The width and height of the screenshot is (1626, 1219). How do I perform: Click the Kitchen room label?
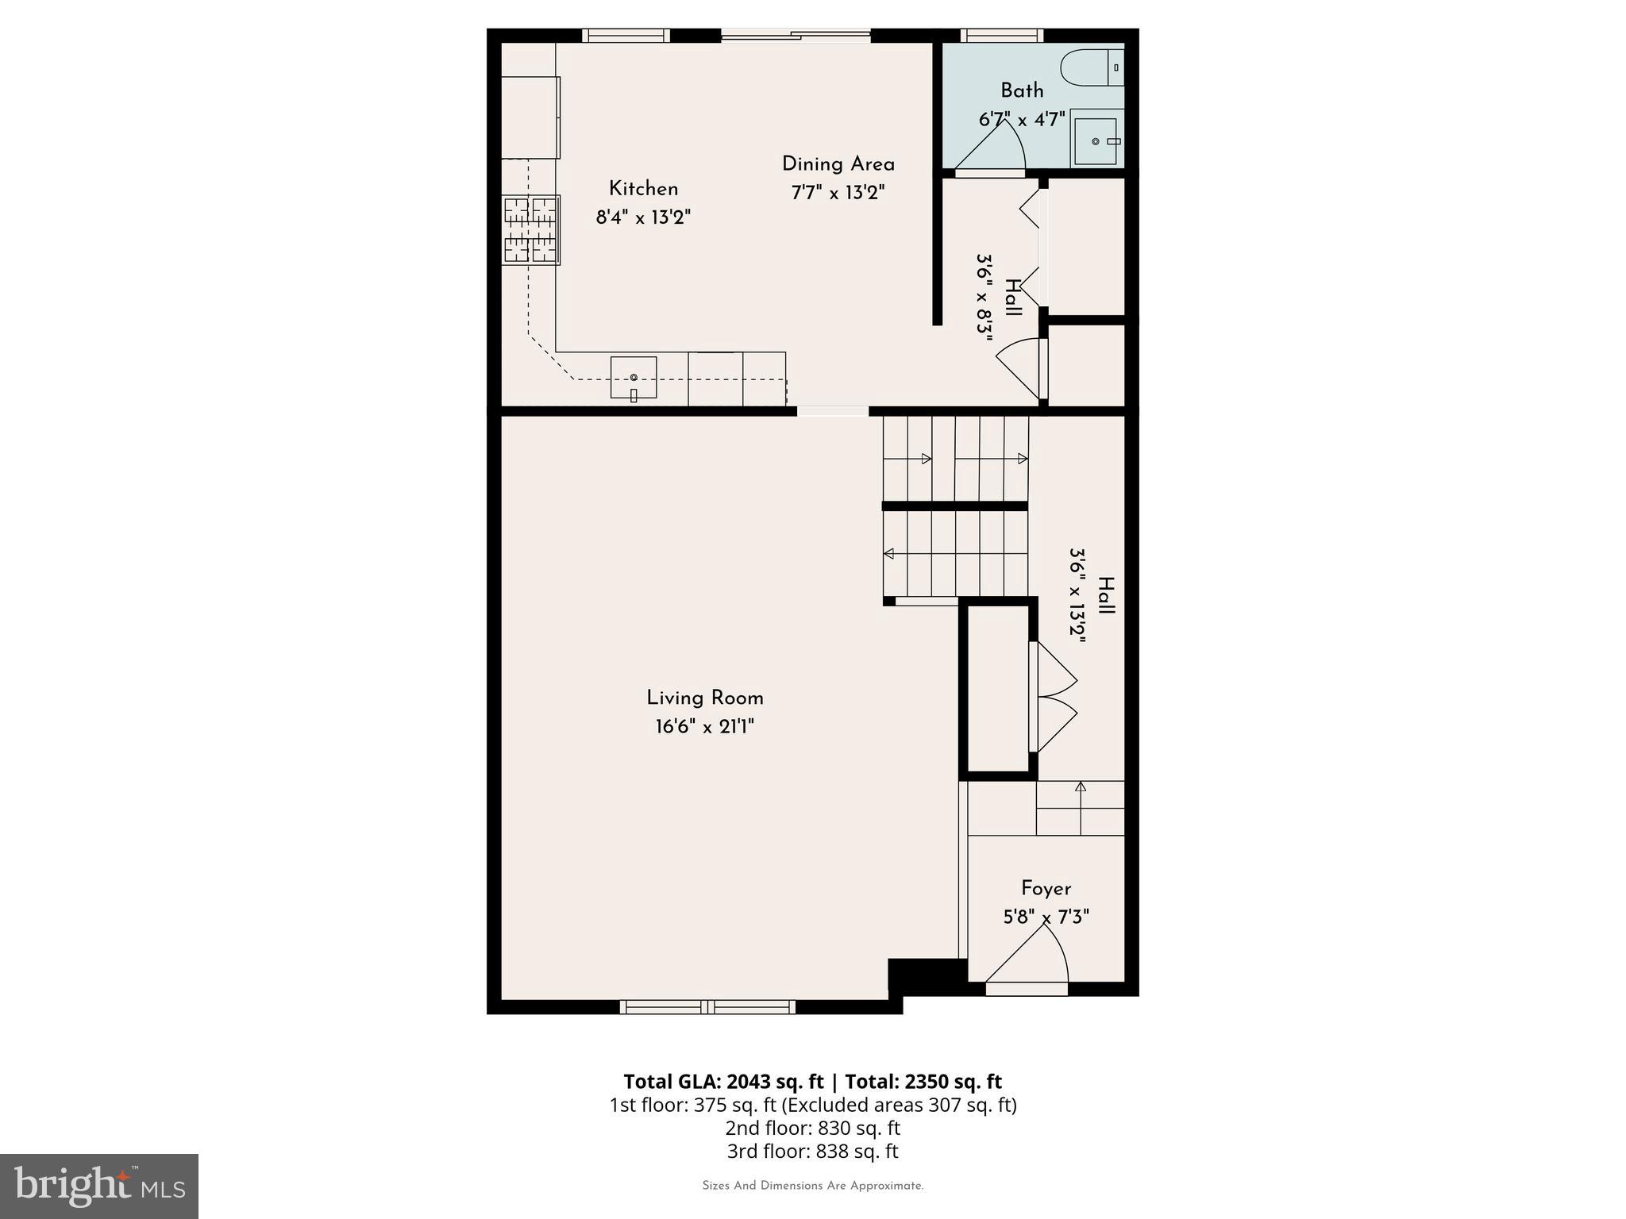(643, 189)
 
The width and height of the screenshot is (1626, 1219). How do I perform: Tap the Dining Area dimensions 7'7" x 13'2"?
(838, 193)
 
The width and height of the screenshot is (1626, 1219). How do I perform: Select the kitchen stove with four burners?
(531, 230)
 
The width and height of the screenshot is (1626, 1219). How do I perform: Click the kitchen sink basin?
(633, 377)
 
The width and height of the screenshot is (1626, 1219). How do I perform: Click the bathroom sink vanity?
(1096, 140)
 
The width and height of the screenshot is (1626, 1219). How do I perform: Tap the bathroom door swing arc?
(1002, 148)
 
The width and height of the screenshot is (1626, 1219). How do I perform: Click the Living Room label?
(704, 698)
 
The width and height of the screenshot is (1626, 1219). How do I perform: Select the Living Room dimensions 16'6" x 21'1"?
(704, 727)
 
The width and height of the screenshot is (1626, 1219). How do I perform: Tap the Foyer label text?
(1046, 889)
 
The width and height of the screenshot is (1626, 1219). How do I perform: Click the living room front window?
(707, 1007)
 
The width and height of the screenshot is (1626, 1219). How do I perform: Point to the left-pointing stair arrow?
(889, 553)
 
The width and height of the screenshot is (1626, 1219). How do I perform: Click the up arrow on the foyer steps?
(1080, 787)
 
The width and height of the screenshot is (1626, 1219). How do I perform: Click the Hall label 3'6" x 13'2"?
(1092, 595)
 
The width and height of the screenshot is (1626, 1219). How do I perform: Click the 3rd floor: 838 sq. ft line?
(812, 1151)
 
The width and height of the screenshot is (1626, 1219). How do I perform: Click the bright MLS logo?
(99, 1186)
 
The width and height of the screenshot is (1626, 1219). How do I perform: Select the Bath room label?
(1022, 90)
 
